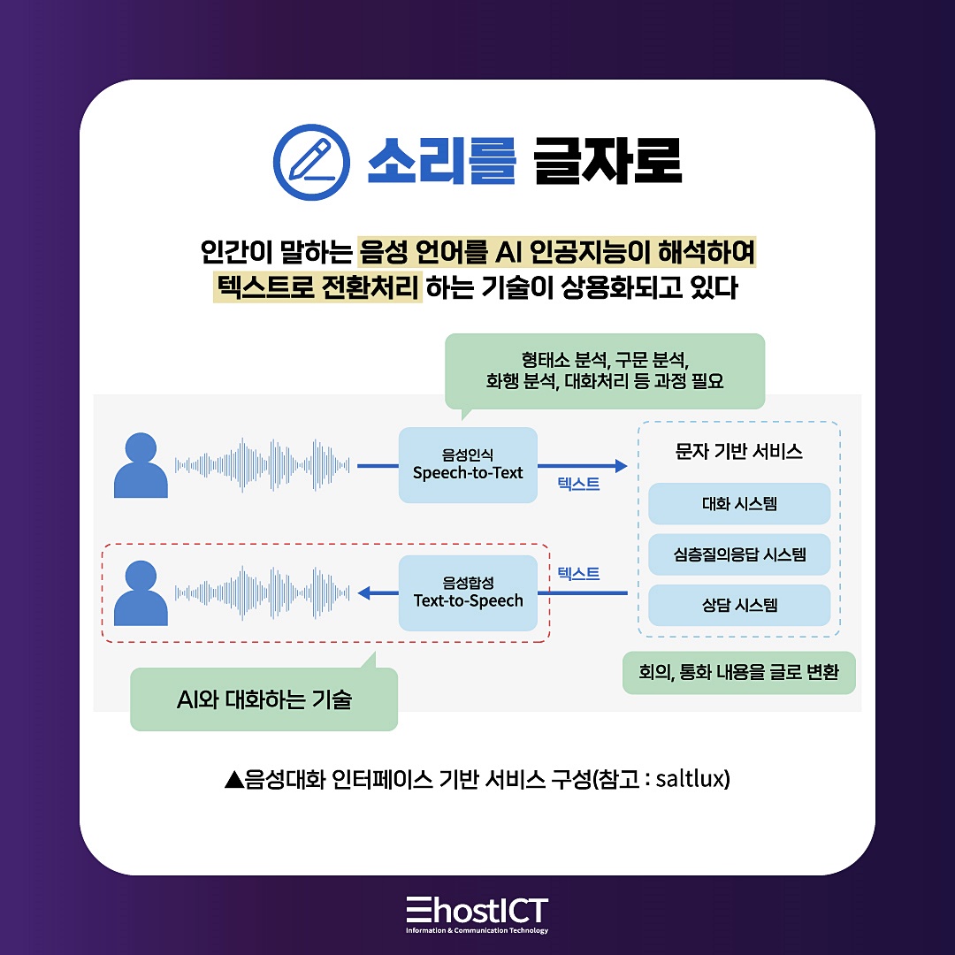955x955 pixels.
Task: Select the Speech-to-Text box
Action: click(468, 465)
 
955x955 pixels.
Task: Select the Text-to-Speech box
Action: click(468, 592)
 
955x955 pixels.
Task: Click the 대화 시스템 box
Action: click(739, 504)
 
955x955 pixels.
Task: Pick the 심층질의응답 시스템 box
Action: click(739, 555)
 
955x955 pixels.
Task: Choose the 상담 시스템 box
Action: click(739, 606)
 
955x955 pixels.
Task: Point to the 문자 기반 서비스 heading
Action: click(739, 452)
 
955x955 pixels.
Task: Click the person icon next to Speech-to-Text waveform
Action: click(141, 465)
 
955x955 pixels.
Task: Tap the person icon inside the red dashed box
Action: click(141, 592)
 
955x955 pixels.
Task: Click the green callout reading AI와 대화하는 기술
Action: click(264, 699)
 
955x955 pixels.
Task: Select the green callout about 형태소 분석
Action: click(605, 371)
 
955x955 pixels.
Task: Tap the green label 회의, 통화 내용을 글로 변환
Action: click(738, 673)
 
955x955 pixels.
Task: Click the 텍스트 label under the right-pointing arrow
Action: click(578, 484)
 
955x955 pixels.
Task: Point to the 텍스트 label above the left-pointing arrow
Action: click(578, 573)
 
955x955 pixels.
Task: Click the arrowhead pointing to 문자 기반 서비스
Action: click(620, 465)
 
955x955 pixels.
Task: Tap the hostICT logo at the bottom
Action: click(477, 912)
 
